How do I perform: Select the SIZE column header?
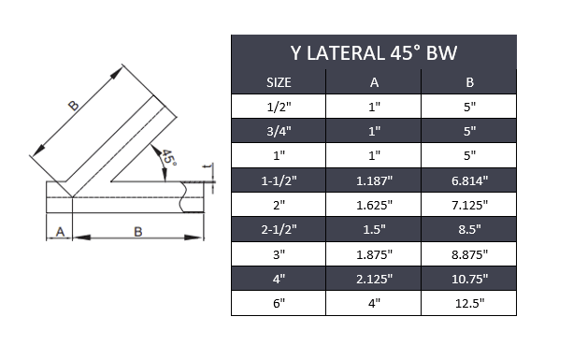[279, 82]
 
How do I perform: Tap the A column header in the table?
[374, 82]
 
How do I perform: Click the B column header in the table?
[469, 82]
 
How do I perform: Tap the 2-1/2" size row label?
[279, 228]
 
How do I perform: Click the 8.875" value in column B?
[469, 252]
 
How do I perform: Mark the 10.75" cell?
[469, 278]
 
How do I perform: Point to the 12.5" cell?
[469, 302]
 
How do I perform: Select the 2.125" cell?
[374, 278]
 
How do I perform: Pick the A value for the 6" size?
[374, 302]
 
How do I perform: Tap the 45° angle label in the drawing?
[167, 157]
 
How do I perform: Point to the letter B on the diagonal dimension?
[75, 107]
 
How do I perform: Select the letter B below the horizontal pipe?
[137, 232]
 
